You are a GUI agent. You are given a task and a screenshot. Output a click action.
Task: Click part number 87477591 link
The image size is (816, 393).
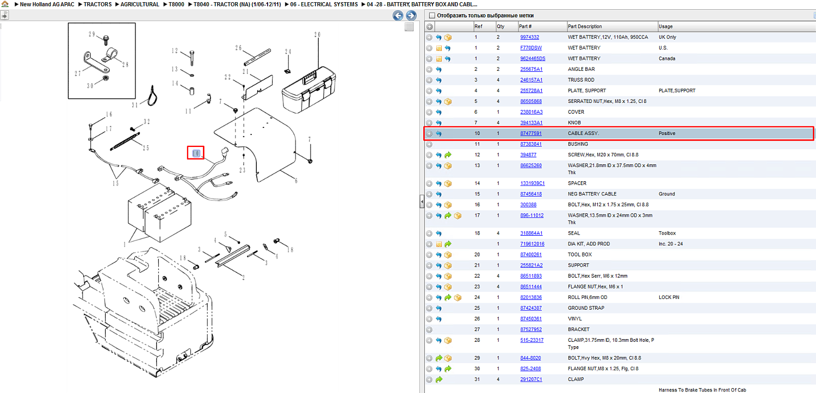tap(531, 133)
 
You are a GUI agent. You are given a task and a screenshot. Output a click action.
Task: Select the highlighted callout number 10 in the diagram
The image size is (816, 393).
tap(196, 153)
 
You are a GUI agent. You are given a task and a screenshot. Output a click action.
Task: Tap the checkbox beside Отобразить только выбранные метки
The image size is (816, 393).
tap(432, 15)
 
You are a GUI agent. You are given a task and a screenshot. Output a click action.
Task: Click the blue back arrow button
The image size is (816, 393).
tap(398, 15)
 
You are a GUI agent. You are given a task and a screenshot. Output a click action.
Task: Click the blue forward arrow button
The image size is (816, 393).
tap(411, 15)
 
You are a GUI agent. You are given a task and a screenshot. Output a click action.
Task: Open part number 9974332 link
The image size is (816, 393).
tap(530, 37)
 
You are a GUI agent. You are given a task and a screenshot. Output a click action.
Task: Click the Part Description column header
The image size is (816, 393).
tap(585, 26)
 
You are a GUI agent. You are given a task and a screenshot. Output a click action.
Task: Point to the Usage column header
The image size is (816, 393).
tap(665, 26)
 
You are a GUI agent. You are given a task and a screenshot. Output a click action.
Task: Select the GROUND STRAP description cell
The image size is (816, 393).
tap(586, 308)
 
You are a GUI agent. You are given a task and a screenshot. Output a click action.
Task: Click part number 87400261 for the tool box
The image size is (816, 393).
tap(531, 254)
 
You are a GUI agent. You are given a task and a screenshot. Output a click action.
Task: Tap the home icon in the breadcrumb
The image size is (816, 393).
tap(5, 4)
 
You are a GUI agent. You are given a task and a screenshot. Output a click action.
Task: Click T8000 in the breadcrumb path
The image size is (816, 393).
tap(176, 4)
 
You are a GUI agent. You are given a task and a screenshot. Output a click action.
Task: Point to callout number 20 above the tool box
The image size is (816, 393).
tap(317, 35)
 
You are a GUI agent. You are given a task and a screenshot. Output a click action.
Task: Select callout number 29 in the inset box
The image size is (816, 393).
tap(92, 34)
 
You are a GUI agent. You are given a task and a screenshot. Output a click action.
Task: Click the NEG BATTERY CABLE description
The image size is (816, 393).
tap(591, 194)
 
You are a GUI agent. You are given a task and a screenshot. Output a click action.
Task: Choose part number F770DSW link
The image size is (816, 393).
tap(531, 48)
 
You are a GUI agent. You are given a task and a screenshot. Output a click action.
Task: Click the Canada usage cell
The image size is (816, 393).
tap(666, 59)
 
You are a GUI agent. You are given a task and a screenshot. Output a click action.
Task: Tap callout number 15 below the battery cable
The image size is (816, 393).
tap(115, 183)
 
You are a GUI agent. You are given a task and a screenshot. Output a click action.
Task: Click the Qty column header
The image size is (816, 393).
tap(500, 26)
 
